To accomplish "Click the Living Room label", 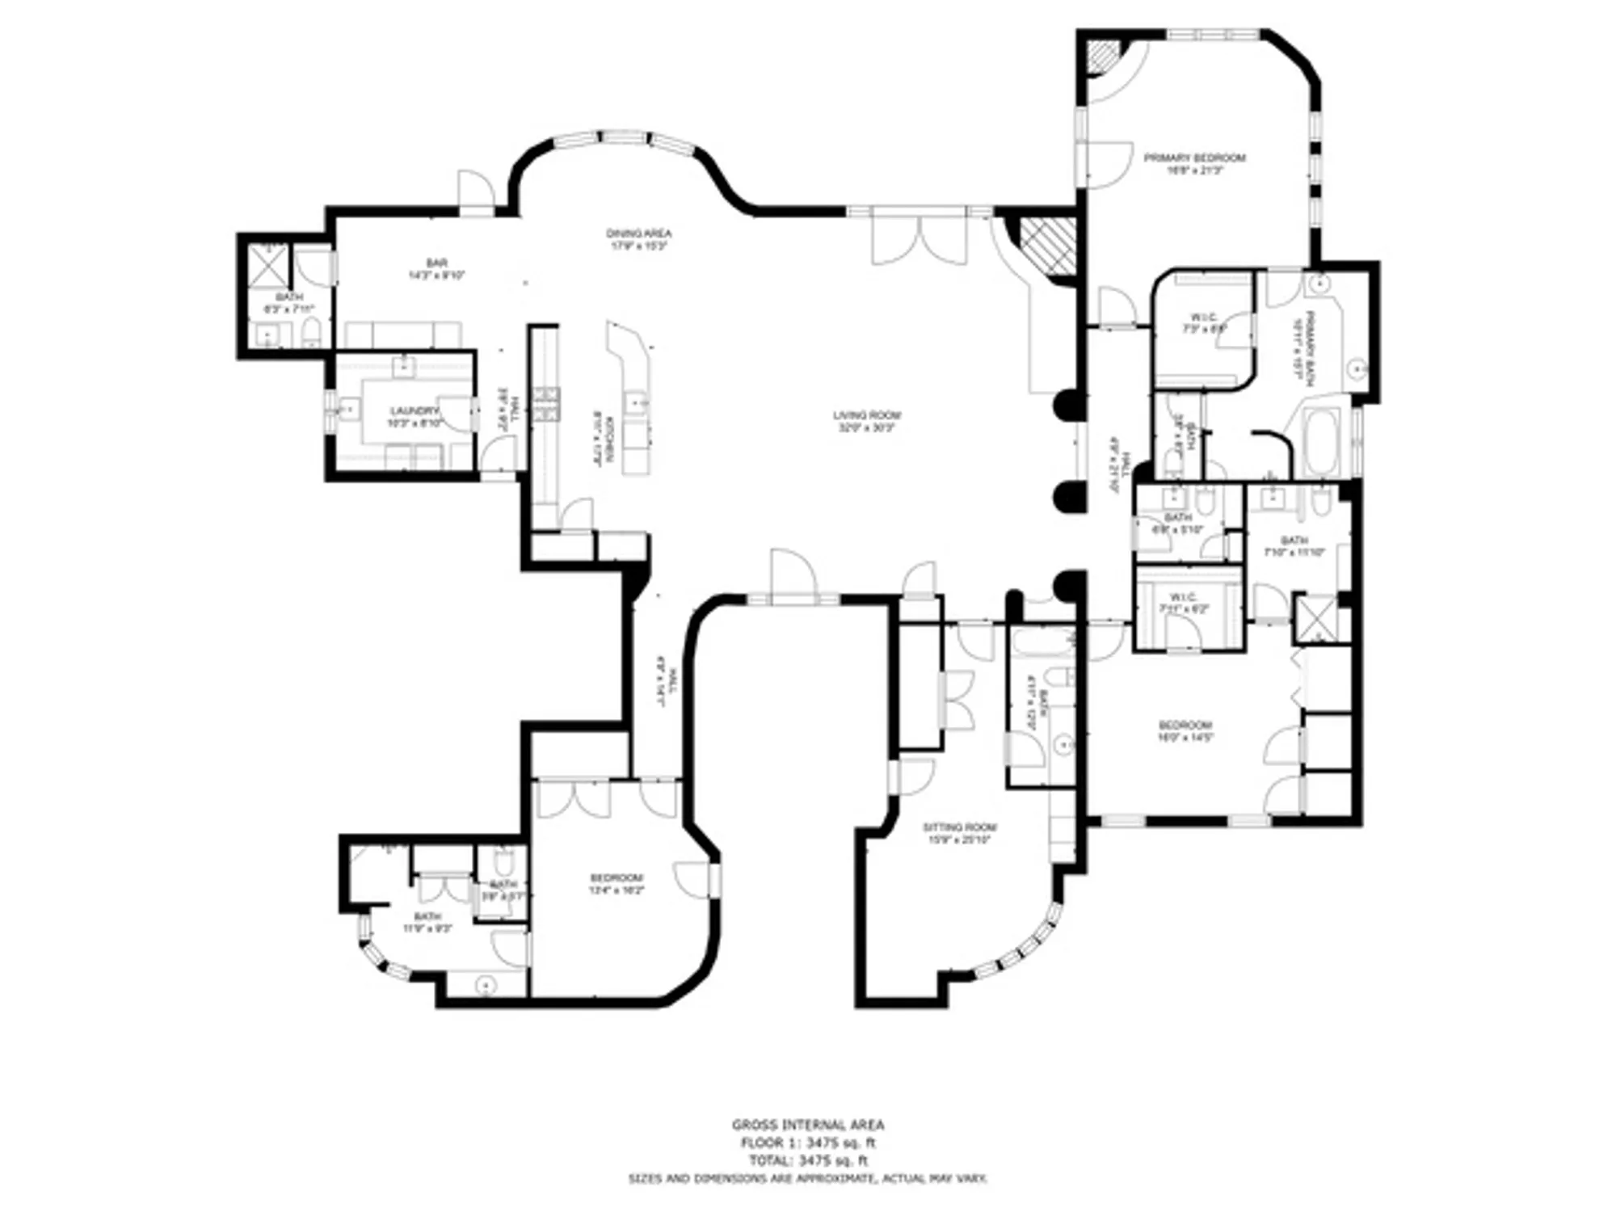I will (x=867, y=421).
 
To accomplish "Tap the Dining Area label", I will (x=638, y=239).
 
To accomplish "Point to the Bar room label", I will (x=436, y=268).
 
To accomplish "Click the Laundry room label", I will (x=415, y=416).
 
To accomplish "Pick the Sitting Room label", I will (x=959, y=833).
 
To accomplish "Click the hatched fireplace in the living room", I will (x=1048, y=246).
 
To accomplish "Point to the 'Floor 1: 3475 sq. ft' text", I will (x=807, y=1143).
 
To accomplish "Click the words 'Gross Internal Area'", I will (x=807, y=1124).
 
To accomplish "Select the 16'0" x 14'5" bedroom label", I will (x=1185, y=730).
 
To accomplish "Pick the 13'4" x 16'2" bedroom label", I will (x=616, y=884).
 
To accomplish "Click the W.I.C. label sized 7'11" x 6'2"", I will (x=1184, y=604).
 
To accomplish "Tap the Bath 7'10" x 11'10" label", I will (x=1294, y=546).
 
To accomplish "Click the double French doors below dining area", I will (x=920, y=240).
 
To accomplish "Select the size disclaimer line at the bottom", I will (x=807, y=1180).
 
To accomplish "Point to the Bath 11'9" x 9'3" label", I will (x=427, y=922).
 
